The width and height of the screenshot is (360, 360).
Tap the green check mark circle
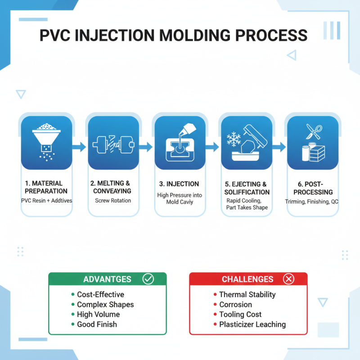[148, 279]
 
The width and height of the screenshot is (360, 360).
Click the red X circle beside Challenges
[289, 279]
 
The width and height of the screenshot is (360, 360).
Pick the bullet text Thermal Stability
[247, 295]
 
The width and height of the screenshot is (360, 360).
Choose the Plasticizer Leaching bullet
[252, 324]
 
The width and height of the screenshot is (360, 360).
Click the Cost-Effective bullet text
[100, 295]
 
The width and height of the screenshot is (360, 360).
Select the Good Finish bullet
[97, 324]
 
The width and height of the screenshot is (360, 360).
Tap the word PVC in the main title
[56, 35]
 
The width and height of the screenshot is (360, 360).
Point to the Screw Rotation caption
[113, 200]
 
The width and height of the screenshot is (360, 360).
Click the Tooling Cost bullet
[240, 315]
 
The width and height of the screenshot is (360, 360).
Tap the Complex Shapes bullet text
[105, 305]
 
